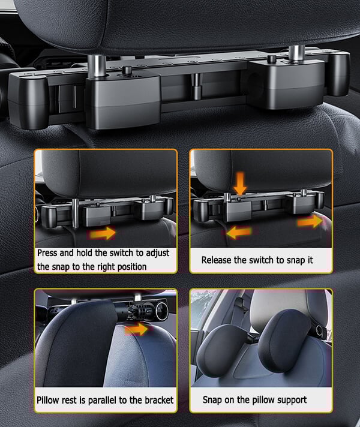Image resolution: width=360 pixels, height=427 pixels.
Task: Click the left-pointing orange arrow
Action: [239, 232]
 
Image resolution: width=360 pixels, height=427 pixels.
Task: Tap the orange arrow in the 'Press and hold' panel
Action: [103, 233]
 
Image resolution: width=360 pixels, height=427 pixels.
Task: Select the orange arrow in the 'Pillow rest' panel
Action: [137, 329]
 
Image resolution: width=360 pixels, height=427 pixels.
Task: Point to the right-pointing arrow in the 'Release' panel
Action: [310, 221]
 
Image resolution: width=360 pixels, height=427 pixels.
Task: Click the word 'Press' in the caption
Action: [47, 253]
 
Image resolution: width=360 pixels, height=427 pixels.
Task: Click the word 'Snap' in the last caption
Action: [212, 400]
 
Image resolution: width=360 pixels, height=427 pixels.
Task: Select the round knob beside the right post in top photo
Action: [271, 59]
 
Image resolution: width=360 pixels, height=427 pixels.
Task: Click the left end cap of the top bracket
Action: [27, 101]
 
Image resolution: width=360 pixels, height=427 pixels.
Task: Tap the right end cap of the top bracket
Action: [339, 74]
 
